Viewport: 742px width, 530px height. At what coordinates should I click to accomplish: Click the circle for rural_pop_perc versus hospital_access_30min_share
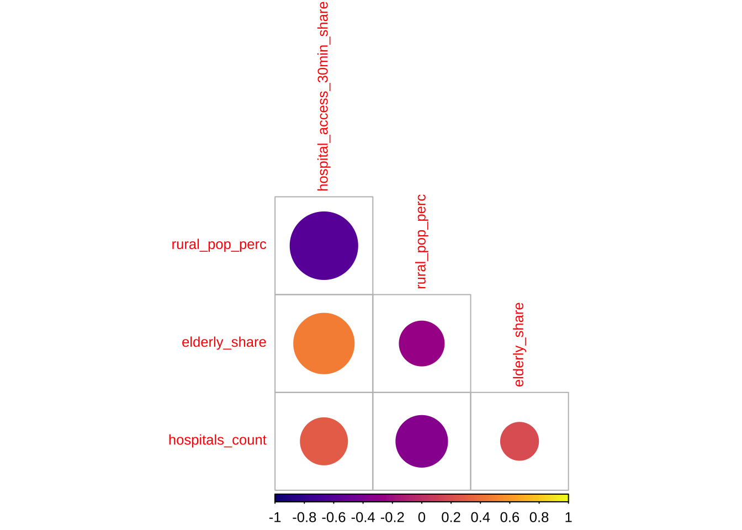coord(324,246)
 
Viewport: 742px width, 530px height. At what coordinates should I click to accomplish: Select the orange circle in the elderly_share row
coord(324,343)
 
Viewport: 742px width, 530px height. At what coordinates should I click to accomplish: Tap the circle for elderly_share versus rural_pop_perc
coord(422,343)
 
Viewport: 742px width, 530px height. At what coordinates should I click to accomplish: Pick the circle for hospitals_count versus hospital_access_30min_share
coord(324,441)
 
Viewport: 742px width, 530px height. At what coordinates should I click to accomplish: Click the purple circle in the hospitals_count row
coord(422,441)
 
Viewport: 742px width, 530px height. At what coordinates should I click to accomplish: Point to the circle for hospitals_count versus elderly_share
coord(520,441)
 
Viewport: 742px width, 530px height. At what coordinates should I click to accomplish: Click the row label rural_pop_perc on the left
coord(219,245)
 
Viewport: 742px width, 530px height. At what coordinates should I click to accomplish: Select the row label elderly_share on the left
coord(224,342)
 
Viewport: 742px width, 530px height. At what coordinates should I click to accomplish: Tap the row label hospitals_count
coord(217,440)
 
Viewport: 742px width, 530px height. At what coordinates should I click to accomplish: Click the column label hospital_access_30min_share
coord(323,96)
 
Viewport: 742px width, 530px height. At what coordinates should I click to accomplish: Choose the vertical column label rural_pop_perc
coord(421,241)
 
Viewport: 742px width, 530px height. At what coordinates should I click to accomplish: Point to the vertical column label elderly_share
coord(519,344)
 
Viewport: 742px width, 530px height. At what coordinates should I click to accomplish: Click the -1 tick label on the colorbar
coord(275,518)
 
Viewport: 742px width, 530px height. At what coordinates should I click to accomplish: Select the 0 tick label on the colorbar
coord(422,518)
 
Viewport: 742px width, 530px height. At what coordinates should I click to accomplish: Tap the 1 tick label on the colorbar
coord(568,518)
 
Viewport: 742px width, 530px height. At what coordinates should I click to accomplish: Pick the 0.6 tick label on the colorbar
coord(510,518)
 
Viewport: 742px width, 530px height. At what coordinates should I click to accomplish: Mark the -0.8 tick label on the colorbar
coord(304,518)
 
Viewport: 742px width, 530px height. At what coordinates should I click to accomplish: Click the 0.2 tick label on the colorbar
coord(451,518)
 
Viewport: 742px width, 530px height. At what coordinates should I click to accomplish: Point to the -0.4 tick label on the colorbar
coord(363,518)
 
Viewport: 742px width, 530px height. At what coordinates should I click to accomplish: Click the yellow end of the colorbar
coord(565,498)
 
